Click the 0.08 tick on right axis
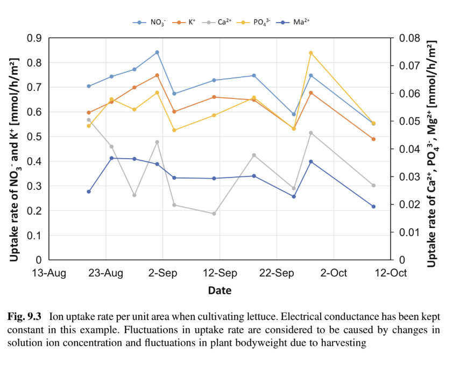(x=407, y=38)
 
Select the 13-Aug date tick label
(x=49, y=273)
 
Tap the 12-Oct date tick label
(x=391, y=273)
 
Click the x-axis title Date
(x=220, y=291)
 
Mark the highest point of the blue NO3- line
(x=157, y=52)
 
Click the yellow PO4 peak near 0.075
(x=311, y=53)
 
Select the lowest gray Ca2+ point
(x=214, y=214)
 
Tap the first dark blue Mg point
(x=89, y=191)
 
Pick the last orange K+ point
(x=373, y=139)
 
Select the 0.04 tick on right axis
(x=407, y=149)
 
